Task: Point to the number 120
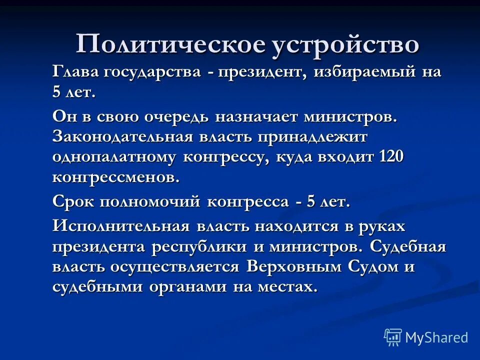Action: point(391,157)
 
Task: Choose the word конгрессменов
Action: point(115,177)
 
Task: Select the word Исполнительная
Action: point(121,226)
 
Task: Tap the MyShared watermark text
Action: point(436,337)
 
